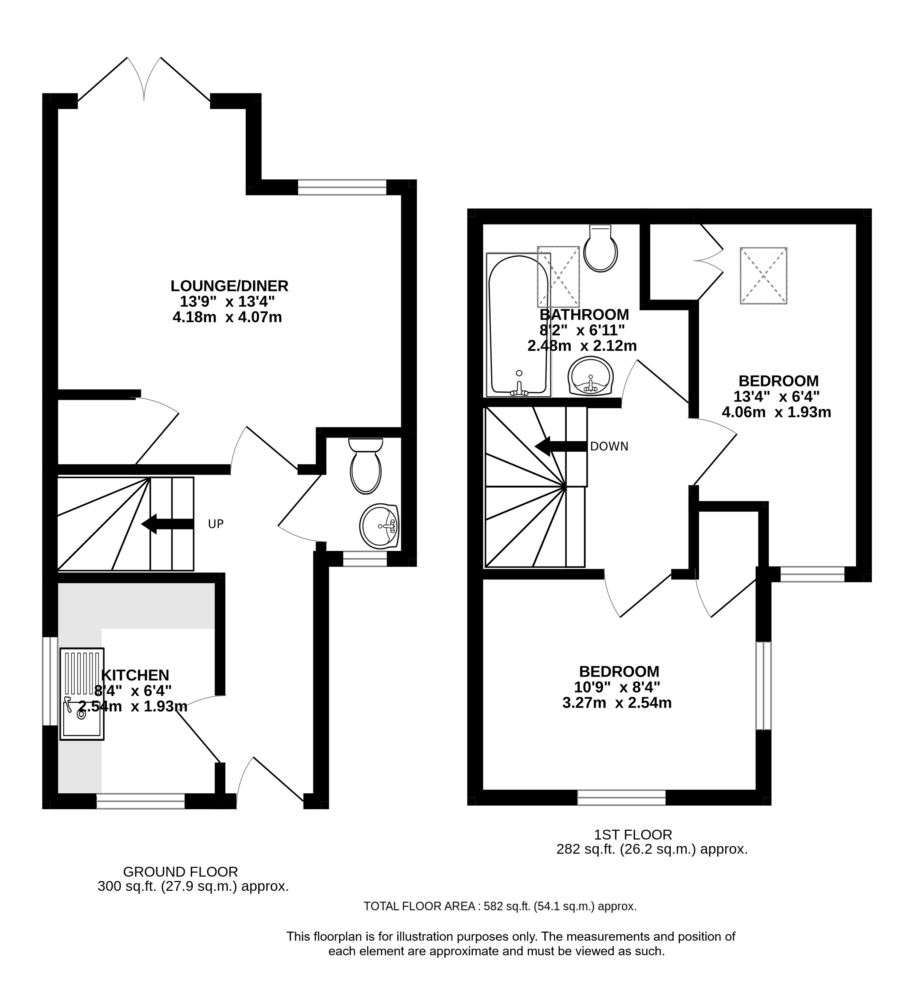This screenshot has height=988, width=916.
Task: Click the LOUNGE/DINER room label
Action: (230, 286)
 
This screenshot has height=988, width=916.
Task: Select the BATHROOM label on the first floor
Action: (584, 315)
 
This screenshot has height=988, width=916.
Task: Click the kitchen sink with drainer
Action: (82, 694)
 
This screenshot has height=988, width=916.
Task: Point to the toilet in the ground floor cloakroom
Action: (365, 465)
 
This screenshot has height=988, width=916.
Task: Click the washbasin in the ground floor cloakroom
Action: (379, 527)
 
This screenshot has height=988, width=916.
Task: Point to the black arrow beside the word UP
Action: (167, 524)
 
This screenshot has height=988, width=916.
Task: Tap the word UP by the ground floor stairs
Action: (215, 524)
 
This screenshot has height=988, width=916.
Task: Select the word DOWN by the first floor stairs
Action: (609, 447)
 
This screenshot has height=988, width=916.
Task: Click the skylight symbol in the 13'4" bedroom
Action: (764, 275)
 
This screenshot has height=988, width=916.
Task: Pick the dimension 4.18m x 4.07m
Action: (227, 317)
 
